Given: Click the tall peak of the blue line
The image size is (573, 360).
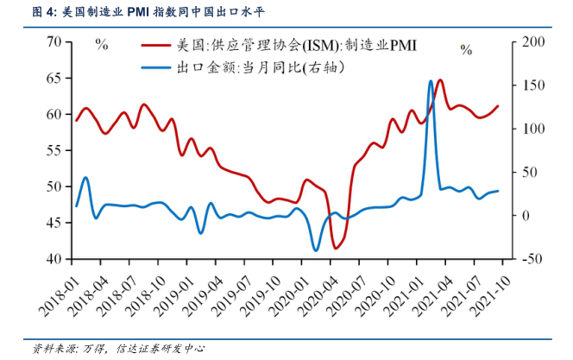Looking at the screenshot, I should [x=431, y=81].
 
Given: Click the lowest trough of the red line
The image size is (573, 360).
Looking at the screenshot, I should [x=335, y=248].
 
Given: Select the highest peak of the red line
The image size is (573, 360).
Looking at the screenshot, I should [x=440, y=80].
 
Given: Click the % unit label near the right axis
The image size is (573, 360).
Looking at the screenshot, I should [x=466, y=50].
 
